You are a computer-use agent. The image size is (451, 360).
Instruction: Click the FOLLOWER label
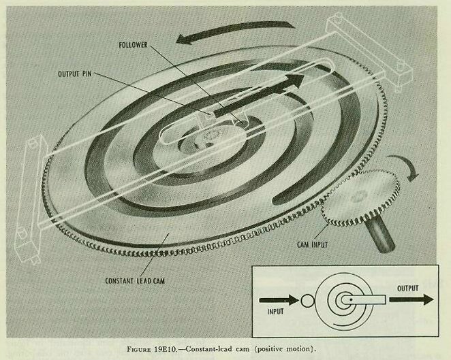[x=133, y=45]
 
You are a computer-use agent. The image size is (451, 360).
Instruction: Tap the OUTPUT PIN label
[x=75, y=74]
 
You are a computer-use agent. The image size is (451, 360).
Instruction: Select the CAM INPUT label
[x=313, y=245]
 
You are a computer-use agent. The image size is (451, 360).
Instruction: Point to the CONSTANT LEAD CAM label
[x=135, y=280]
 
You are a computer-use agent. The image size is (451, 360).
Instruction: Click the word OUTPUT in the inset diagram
[x=407, y=288]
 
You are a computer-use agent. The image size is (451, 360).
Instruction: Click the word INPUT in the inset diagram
[x=275, y=312]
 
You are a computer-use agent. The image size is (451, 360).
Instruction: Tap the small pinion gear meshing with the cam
[x=361, y=197]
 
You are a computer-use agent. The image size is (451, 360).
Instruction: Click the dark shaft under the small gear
[x=380, y=233]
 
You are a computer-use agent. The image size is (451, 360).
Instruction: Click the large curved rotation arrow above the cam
[x=233, y=29]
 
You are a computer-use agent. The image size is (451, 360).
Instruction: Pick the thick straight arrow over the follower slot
[x=259, y=95]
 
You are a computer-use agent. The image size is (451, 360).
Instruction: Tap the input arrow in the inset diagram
[x=279, y=300]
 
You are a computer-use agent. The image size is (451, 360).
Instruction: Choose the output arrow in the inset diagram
[x=411, y=299]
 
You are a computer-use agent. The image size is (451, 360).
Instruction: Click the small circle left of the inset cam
[x=308, y=301]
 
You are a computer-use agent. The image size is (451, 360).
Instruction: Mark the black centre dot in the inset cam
[x=351, y=300]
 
